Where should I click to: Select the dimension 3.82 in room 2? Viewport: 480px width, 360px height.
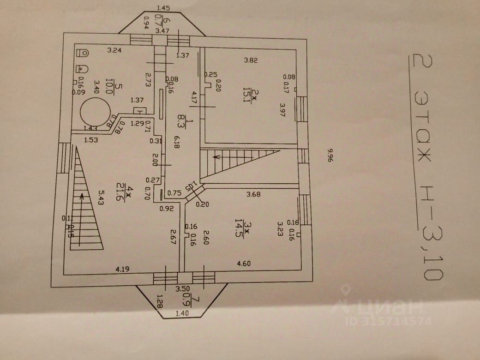[x=251, y=60]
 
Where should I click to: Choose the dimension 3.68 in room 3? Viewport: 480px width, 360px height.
[x=253, y=194]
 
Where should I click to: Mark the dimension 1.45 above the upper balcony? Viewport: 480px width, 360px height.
[x=163, y=8]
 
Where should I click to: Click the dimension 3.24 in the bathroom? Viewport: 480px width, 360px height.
[x=114, y=50]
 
